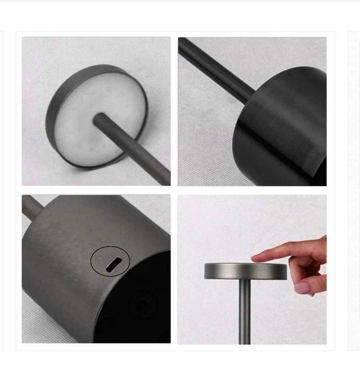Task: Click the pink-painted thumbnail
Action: tap(302, 288)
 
